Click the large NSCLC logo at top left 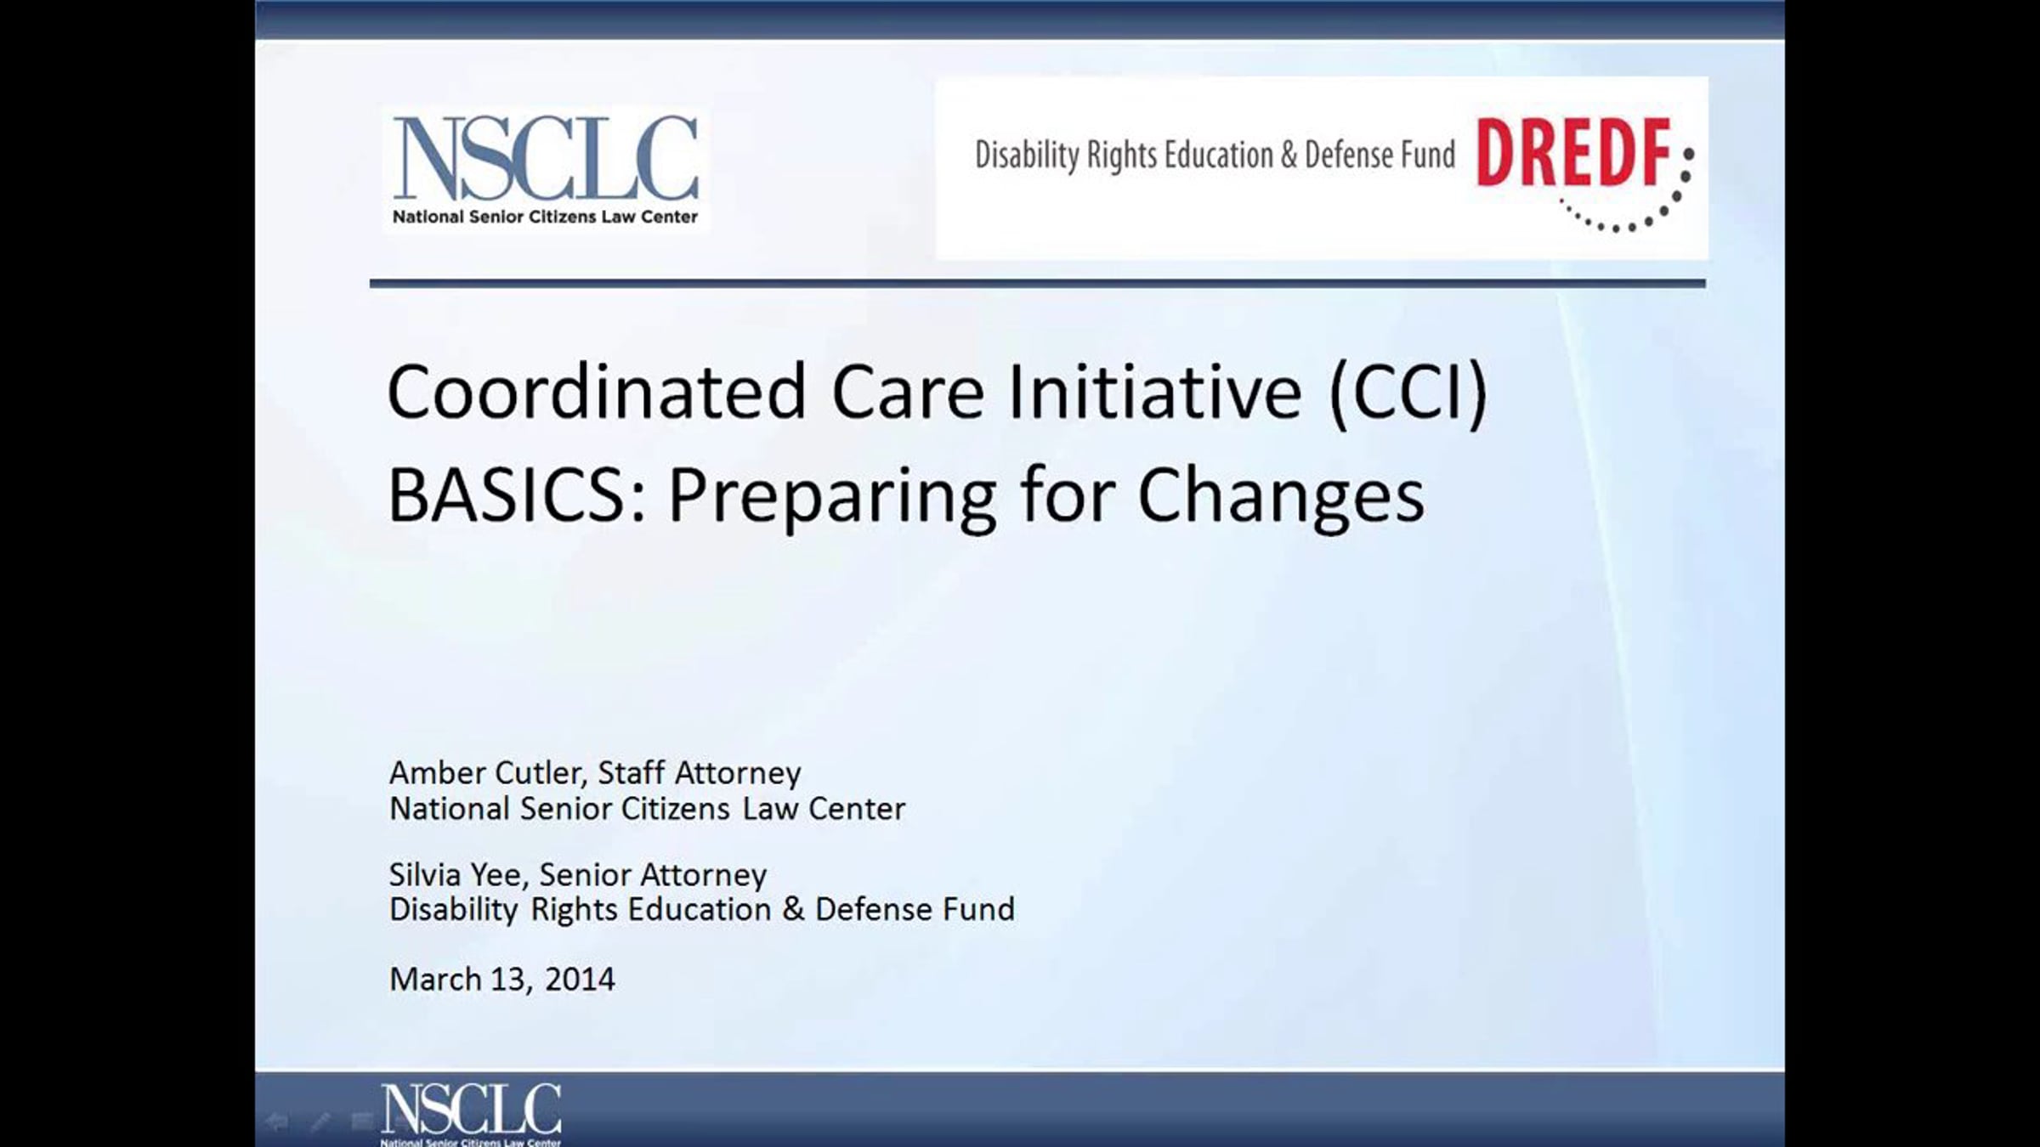(545, 169)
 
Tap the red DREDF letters (1574, 153)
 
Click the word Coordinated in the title (597, 392)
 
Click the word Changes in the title (1281, 498)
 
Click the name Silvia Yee (459, 874)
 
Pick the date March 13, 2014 (501, 979)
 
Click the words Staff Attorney (699, 773)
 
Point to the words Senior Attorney (653, 875)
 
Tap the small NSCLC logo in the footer (471, 1114)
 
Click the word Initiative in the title (1154, 392)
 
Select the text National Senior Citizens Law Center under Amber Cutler (647, 808)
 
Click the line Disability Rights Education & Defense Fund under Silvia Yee (701, 909)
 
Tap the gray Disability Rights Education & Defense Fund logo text (1215, 155)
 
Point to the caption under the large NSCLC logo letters (545, 217)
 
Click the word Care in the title (907, 393)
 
